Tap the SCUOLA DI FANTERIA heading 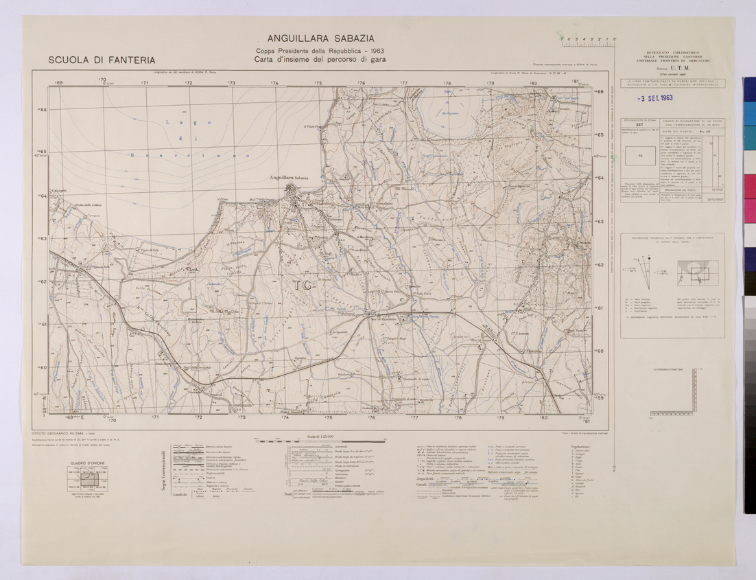point(102,60)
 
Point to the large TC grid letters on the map point(300,284)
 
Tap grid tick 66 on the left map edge point(43,110)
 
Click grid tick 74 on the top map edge point(274,83)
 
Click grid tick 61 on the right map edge point(599,308)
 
